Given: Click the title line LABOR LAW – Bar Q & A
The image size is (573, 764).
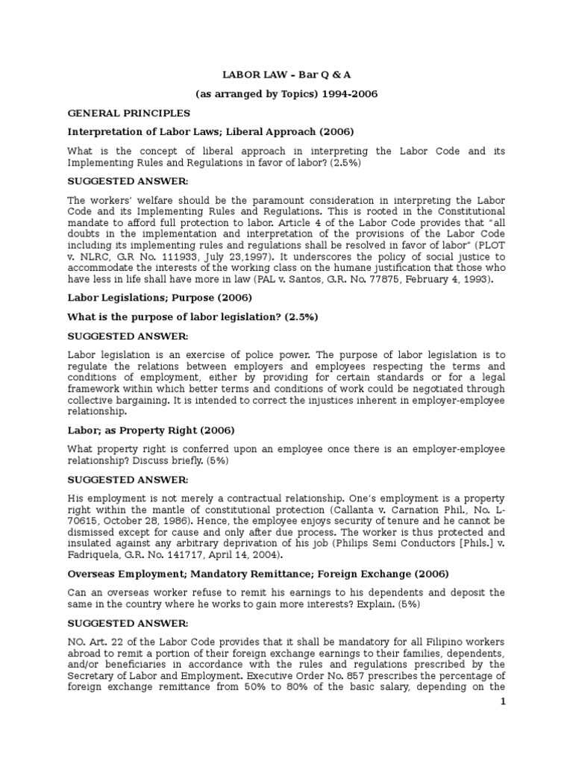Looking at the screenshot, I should click(286, 75).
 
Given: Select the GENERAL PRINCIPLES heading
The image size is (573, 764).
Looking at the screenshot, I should click(128, 113).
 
